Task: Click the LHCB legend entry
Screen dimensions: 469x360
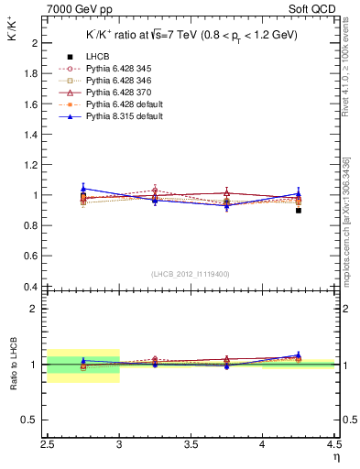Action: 97,82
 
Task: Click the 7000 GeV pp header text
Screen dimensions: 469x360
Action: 77,10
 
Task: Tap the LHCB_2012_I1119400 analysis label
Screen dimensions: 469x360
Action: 191,274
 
